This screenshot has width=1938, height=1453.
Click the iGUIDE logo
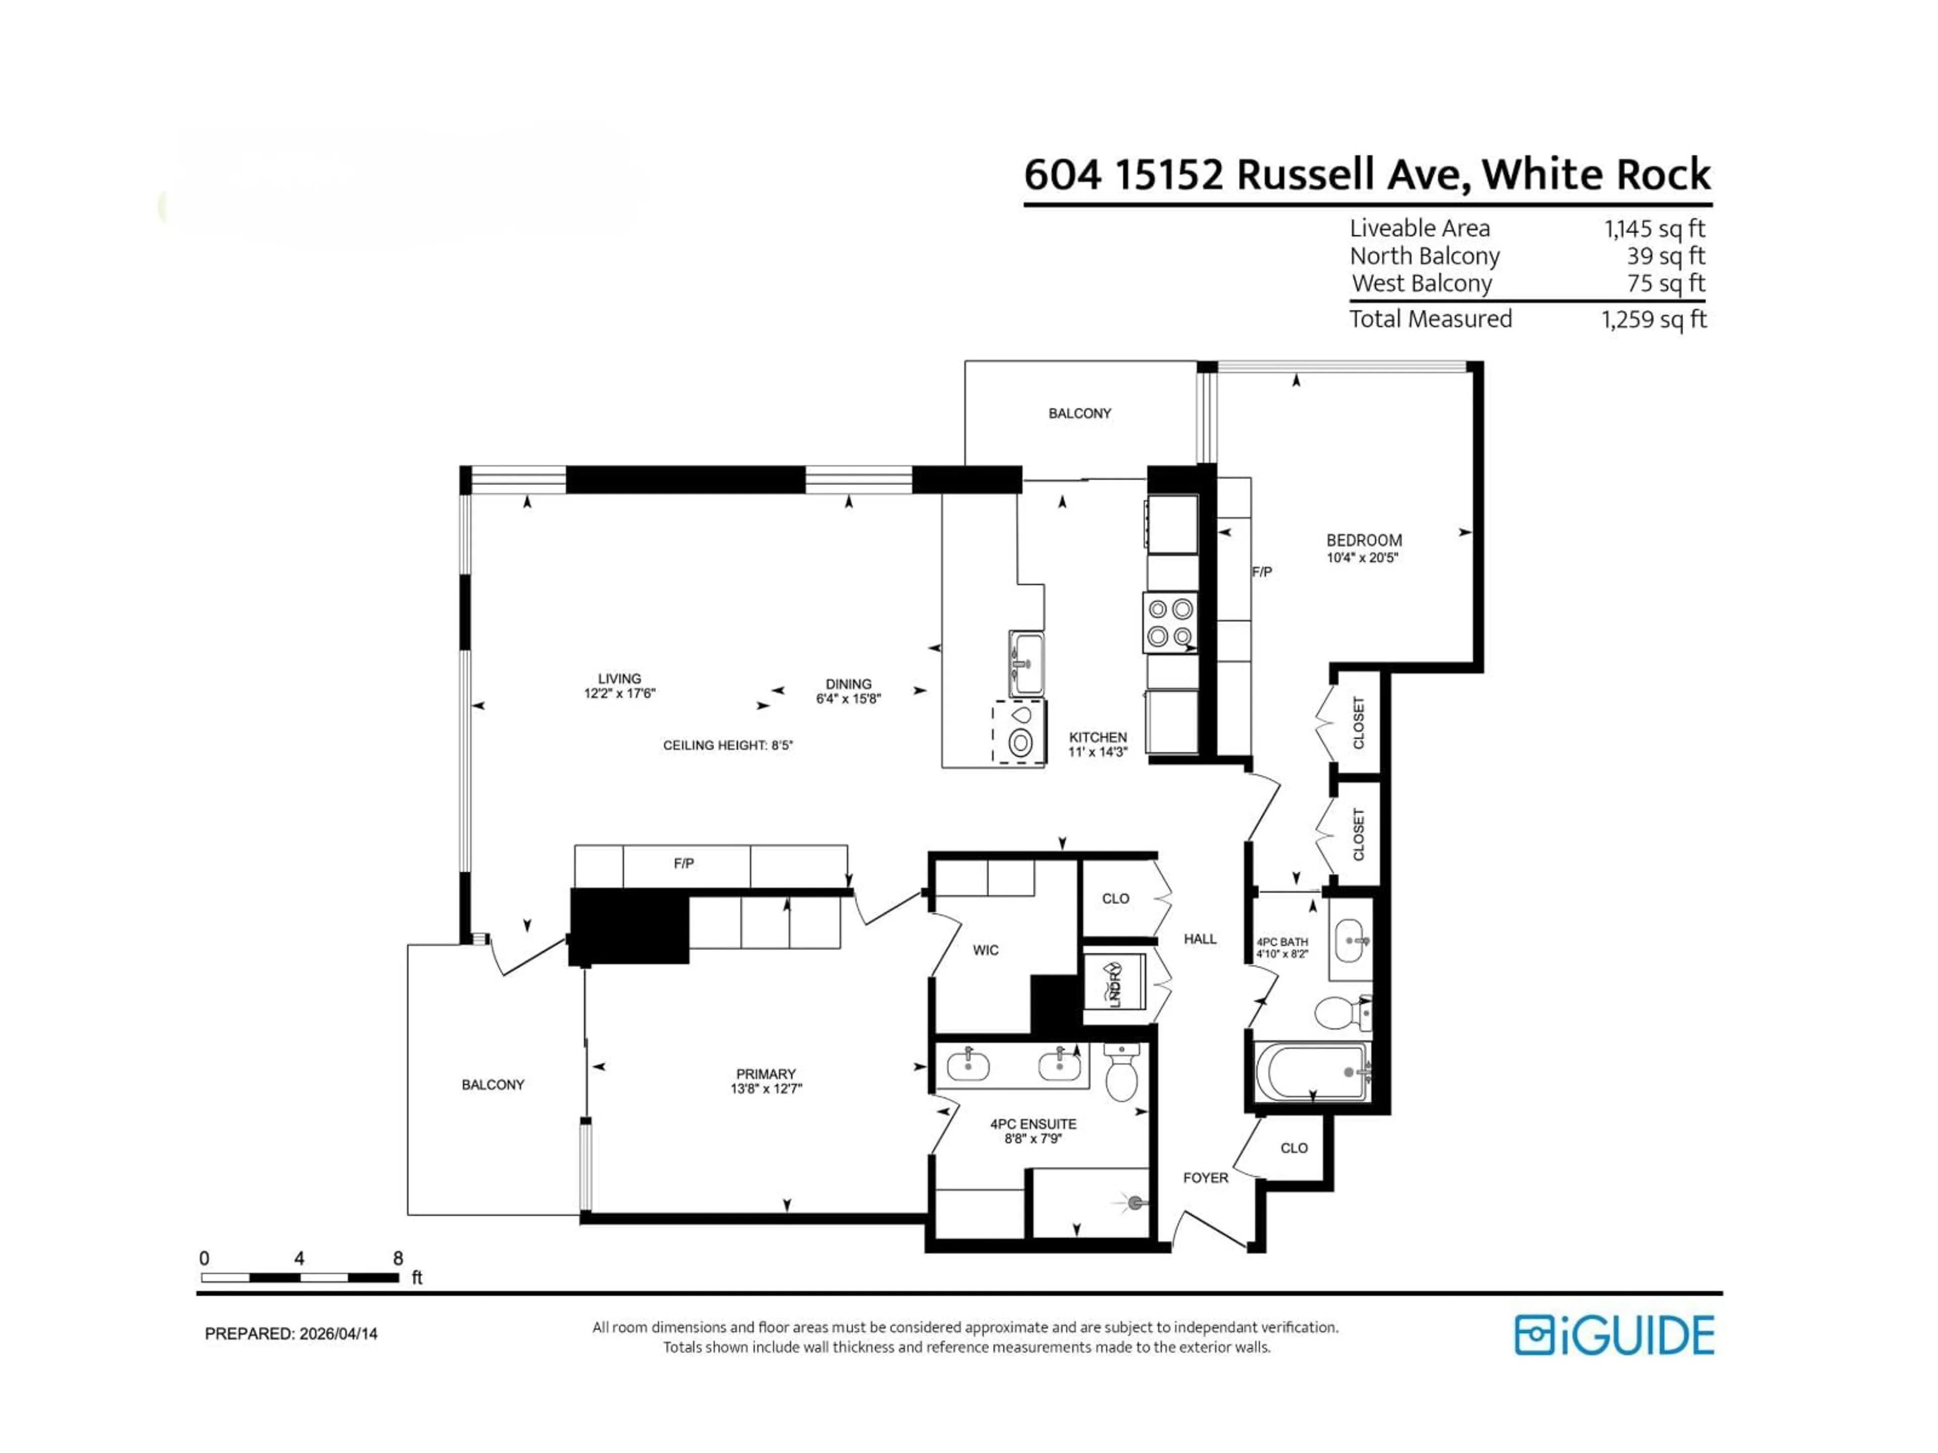pos(1614,1335)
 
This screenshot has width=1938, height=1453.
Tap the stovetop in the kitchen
pos(1170,623)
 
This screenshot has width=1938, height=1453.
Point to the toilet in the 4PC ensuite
pos(1121,1075)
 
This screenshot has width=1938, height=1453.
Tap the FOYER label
pos(1206,1178)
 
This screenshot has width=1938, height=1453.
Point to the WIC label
pos(986,951)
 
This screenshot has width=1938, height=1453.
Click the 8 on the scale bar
pos(398,1259)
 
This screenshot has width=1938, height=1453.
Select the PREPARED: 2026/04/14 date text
pos(291,1334)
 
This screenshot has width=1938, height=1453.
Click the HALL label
pos(1200,939)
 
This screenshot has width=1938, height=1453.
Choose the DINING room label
pos(848,684)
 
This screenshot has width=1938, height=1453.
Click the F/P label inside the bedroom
pos(1262,572)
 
